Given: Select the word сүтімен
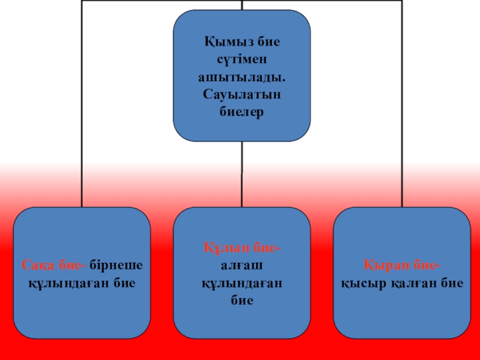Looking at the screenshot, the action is (x=242, y=60).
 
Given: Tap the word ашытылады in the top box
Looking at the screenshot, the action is (x=242, y=77).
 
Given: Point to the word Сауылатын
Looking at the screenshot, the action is (x=242, y=95).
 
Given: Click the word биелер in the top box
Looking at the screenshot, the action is (x=242, y=112).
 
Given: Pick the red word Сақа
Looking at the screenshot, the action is (x=37, y=265).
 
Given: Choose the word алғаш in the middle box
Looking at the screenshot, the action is (x=242, y=265).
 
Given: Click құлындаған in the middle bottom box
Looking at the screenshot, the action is (x=242, y=283).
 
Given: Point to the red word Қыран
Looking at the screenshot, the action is (x=382, y=265).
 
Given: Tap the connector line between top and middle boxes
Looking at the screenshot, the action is (x=242, y=174).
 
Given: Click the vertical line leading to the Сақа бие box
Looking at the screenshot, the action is (x=82, y=120).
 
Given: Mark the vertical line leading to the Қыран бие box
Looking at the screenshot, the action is (x=401, y=120).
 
